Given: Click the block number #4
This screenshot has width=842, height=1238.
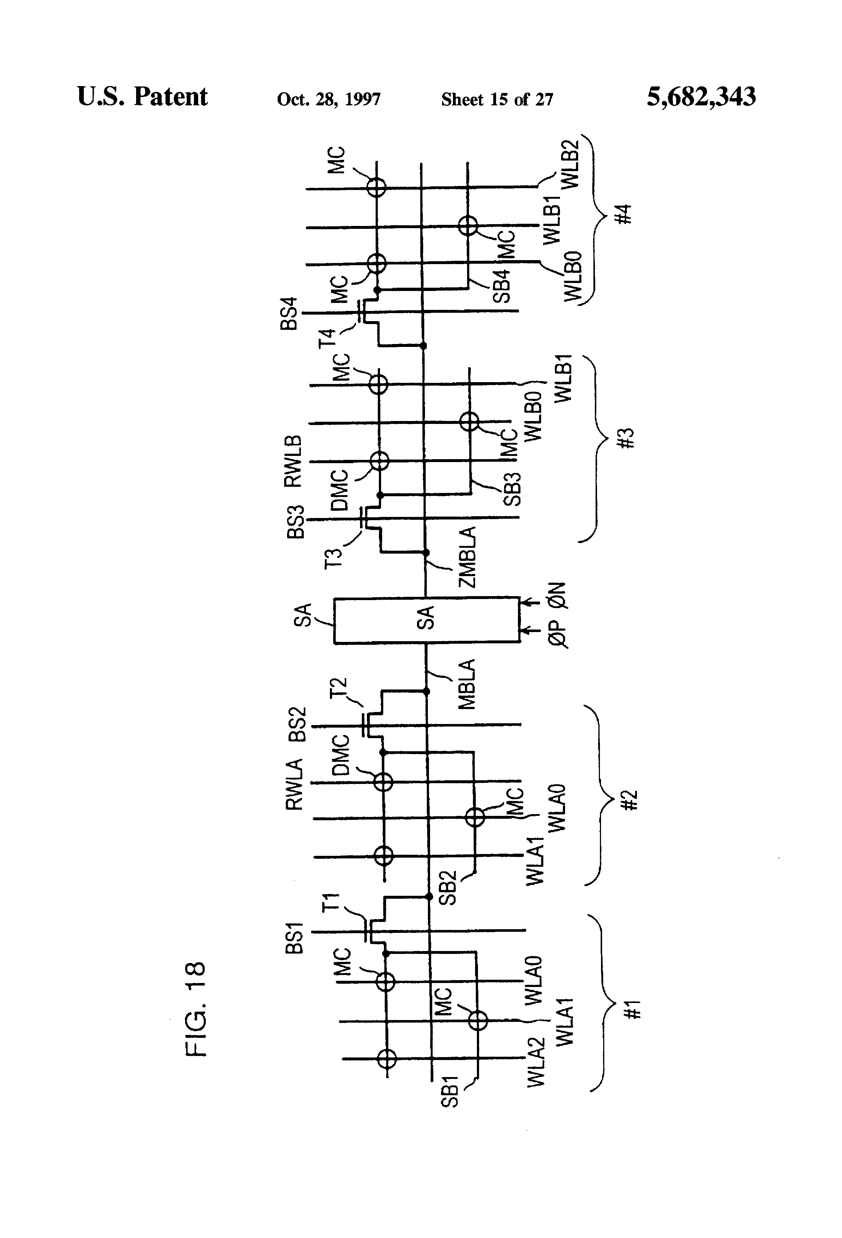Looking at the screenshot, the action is [625, 214].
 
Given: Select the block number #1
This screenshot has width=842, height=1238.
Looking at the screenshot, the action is [633, 1010].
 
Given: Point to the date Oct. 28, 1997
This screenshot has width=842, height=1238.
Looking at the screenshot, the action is [328, 100].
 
